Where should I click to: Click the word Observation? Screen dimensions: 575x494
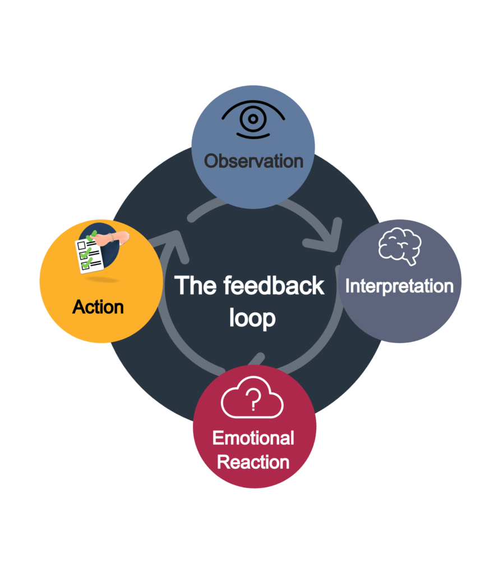(x=253, y=161)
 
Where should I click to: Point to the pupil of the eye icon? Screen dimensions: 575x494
(x=253, y=118)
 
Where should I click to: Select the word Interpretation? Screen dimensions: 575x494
(x=399, y=286)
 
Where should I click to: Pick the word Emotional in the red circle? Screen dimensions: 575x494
(x=253, y=438)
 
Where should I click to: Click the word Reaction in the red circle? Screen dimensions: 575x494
(x=253, y=462)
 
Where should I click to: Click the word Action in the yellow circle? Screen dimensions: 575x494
(x=98, y=307)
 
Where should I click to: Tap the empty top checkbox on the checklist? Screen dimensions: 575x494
(x=81, y=245)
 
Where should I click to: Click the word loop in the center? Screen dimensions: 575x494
(x=252, y=318)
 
